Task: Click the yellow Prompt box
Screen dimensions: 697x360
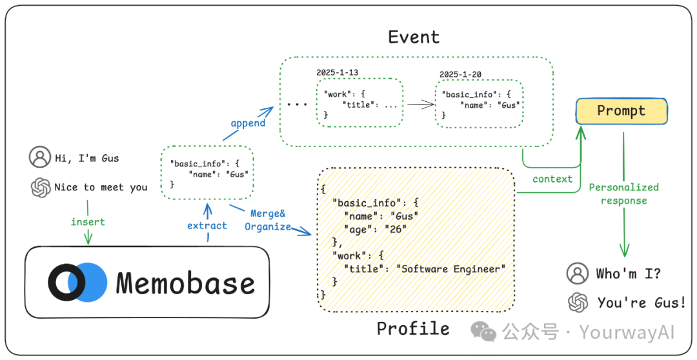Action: [621, 111]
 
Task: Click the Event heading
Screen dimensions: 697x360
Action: [414, 37]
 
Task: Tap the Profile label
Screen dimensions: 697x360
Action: [413, 328]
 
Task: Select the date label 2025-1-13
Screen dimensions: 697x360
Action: [337, 72]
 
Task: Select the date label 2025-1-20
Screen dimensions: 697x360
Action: [460, 75]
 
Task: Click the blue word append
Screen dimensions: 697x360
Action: [248, 123]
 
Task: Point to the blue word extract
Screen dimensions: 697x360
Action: [207, 226]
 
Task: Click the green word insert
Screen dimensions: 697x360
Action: [88, 222]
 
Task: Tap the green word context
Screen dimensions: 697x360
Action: [552, 179]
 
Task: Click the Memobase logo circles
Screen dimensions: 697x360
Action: [78, 283]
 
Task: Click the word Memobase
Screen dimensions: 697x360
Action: [185, 283]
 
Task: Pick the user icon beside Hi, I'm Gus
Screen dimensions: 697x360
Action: [40, 157]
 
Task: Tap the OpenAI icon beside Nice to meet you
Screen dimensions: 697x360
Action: [41, 187]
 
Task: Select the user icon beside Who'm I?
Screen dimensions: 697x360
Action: [578, 274]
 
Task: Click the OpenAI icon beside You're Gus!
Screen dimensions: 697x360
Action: [578, 303]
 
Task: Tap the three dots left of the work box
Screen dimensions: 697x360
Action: [297, 105]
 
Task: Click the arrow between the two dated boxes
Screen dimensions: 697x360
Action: [421, 105]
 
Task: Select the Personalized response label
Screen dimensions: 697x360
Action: [623, 194]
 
